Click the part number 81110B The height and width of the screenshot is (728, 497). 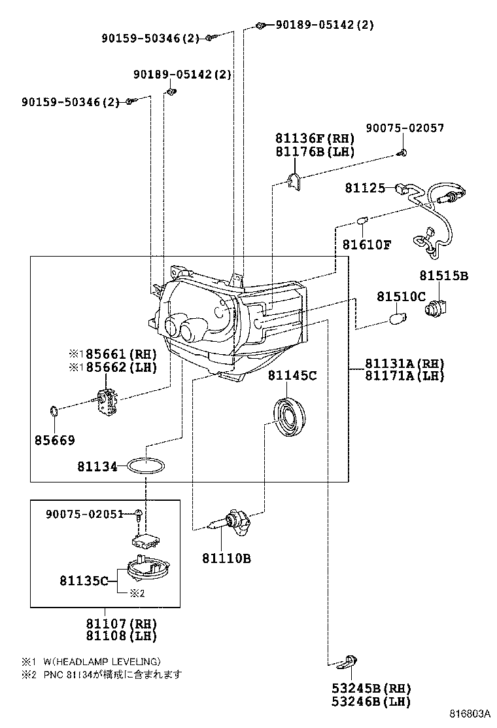click(x=226, y=558)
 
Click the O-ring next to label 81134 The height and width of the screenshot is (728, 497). click(x=146, y=467)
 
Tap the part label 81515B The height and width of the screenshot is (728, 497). click(x=443, y=276)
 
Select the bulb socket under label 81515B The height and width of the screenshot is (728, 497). click(x=437, y=308)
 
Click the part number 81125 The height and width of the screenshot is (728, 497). click(x=366, y=188)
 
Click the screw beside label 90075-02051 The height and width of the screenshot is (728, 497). click(x=139, y=514)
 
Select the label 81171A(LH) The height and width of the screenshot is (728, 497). click(x=404, y=376)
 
